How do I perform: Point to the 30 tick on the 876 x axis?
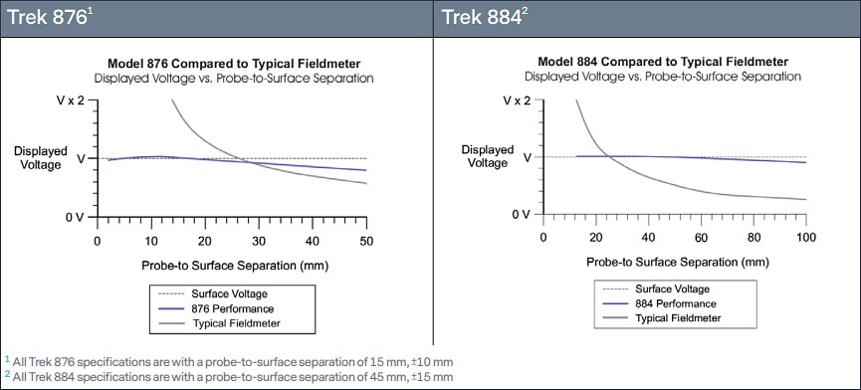(x=258, y=242)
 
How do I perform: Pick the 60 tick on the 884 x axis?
(x=701, y=238)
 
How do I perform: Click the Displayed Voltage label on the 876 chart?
(x=41, y=158)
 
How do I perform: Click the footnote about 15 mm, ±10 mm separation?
(x=230, y=360)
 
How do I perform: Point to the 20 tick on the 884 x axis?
(x=595, y=238)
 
